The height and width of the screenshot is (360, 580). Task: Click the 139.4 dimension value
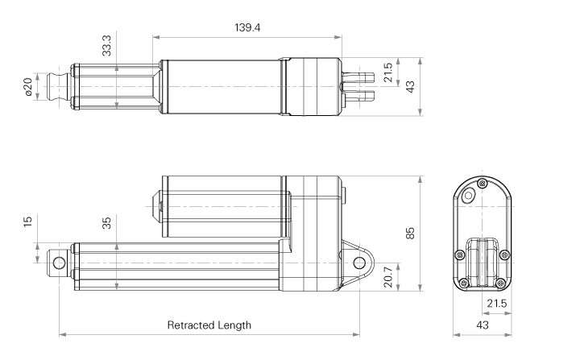[x=247, y=27]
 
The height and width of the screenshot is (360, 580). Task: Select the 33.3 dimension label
[x=106, y=46]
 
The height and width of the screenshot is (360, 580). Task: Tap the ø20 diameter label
[x=28, y=87]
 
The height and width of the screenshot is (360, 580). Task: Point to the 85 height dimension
[x=410, y=234]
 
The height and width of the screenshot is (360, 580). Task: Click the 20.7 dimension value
[x=387, y=277]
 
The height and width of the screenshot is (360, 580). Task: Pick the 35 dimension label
[x=106, y=223]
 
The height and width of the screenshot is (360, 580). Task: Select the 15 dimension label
[x=27, y=221]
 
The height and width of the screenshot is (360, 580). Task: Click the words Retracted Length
[x=209, y=325]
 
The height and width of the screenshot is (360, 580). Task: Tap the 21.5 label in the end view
[x=496, y=304]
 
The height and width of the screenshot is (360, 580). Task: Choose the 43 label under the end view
[x=483, y=325]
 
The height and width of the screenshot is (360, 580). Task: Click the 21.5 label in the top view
[x=387, y=72]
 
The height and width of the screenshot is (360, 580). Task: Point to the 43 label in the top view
[x=410, y=87]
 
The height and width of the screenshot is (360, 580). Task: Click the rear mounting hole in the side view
[x=359, y=263]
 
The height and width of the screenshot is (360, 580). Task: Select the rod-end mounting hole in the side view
[x=59, y=263]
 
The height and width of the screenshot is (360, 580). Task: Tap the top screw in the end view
[x=482, y=184]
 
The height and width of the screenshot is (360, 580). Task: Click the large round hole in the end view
[x=469, y=196]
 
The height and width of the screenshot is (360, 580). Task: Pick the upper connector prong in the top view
[x=358, y=77]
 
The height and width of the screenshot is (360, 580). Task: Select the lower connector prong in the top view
[x=358, y=97]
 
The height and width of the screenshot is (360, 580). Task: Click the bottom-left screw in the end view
[x=464, y=283]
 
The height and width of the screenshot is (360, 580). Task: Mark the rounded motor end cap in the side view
[x=156, y=206]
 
